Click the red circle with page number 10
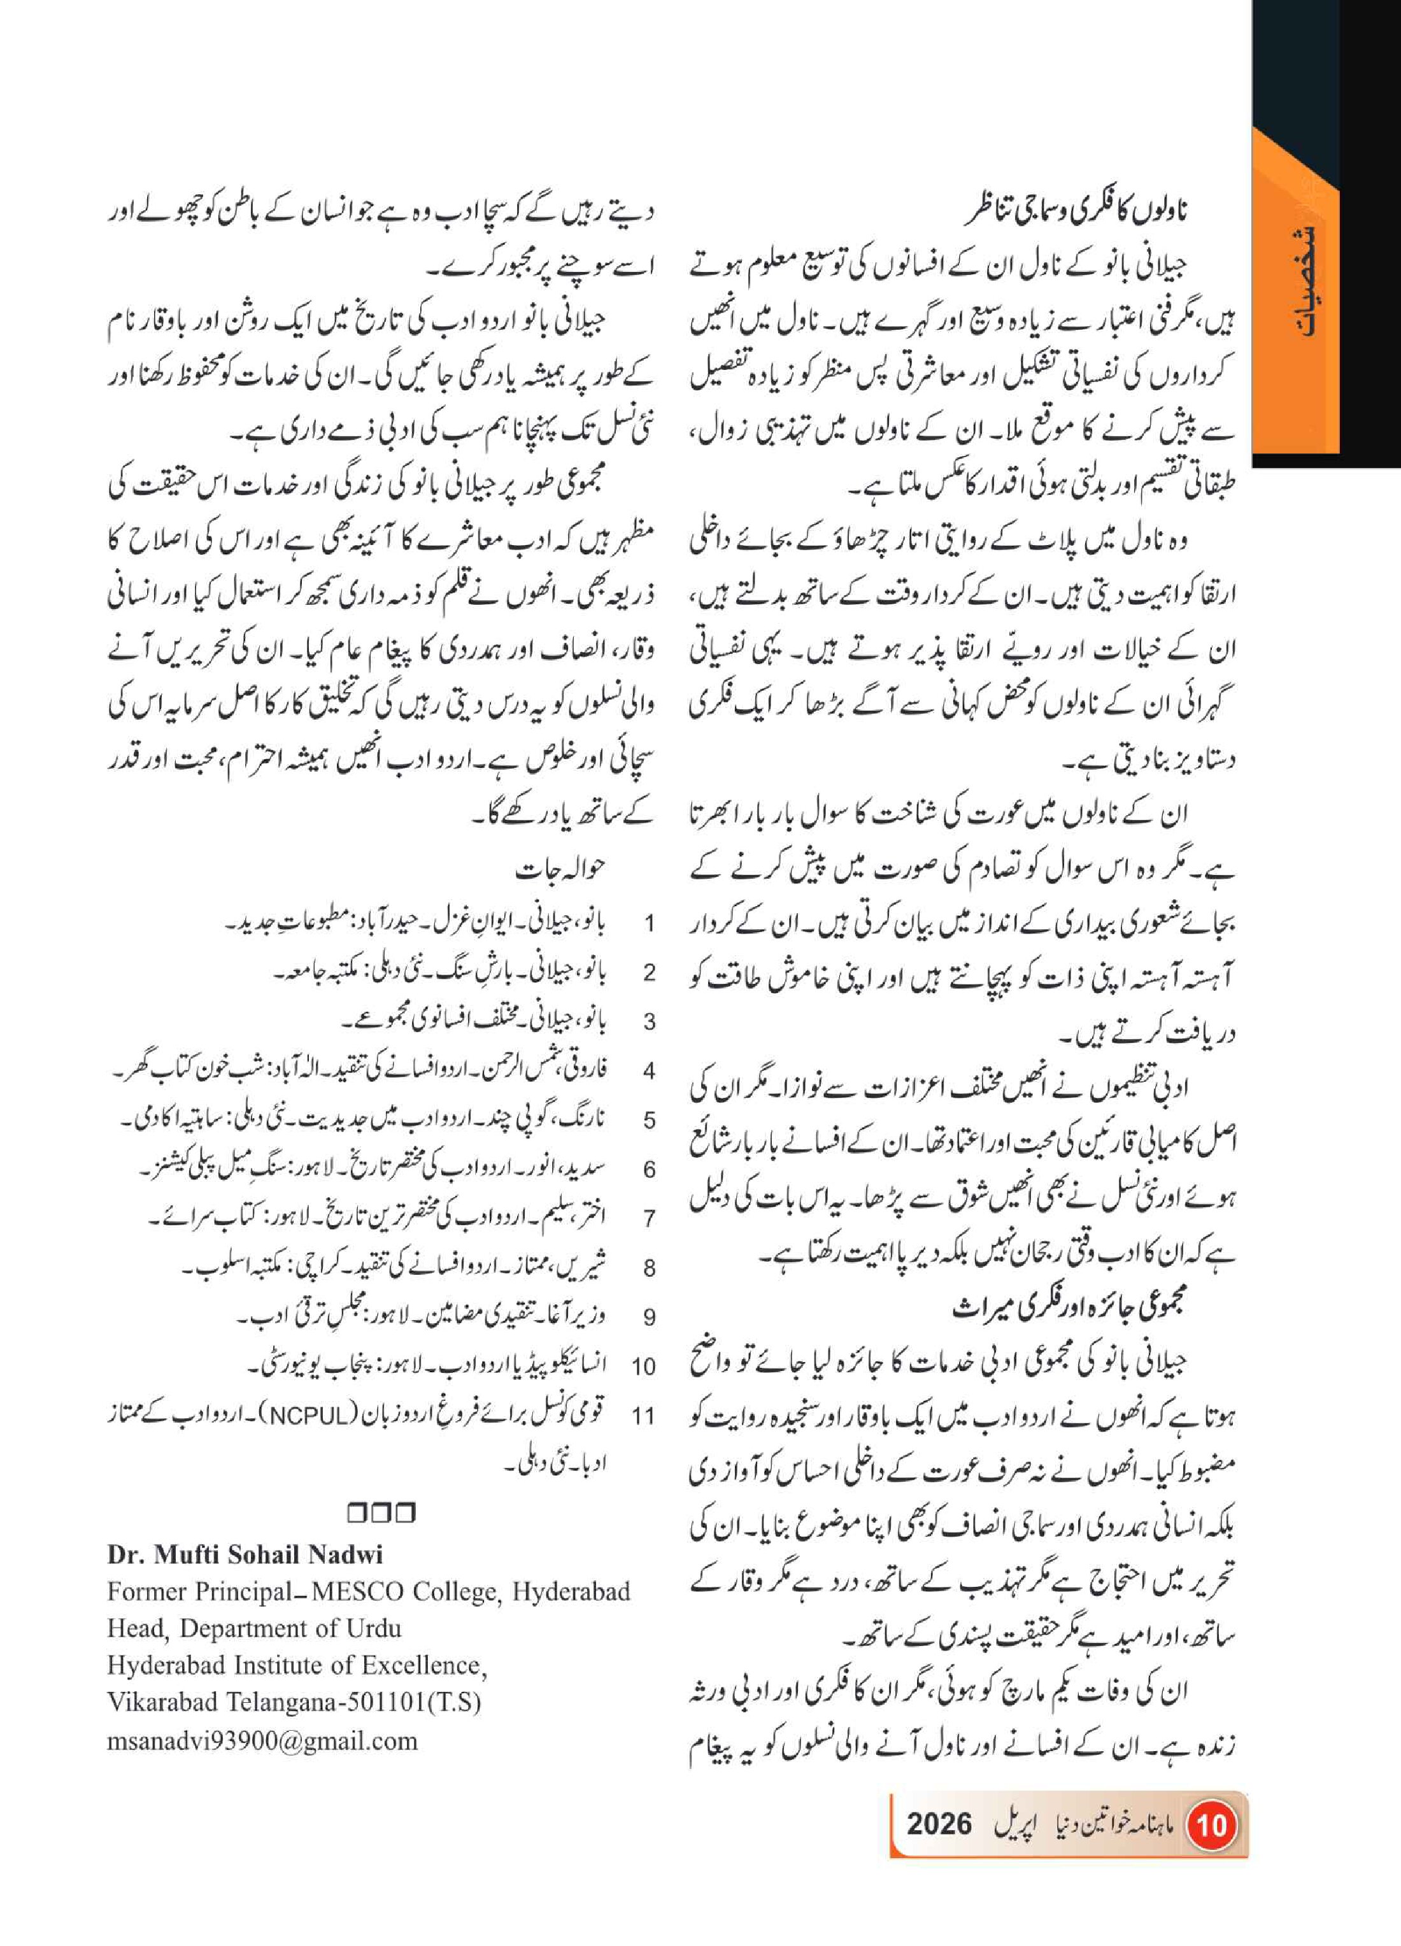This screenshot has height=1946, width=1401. (1211, 1823)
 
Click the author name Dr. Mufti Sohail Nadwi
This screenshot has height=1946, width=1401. (245, 1555)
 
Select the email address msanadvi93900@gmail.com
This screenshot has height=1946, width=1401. (262, 1741)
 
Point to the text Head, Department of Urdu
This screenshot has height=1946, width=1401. (254, 1628)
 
